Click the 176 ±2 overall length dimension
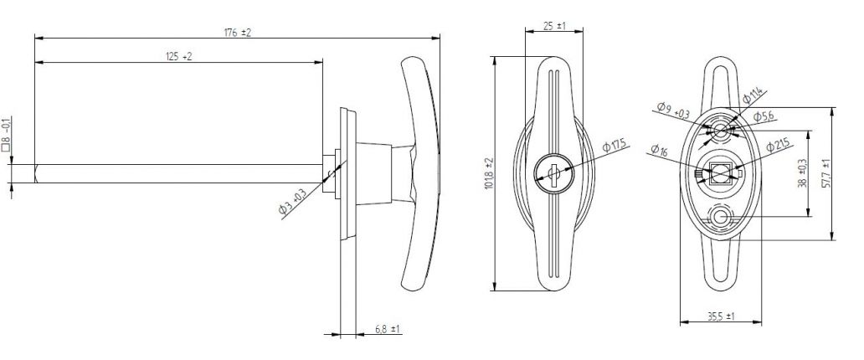pos(238,33)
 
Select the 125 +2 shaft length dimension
pos(178,56)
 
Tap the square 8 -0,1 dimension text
pos(7,134)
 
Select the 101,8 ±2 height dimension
pos(489,174)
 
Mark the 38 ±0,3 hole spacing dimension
pos(802,172)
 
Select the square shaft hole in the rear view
pos(721,174)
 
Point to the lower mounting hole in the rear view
pos(721,218)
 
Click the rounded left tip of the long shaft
pos(37,173)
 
